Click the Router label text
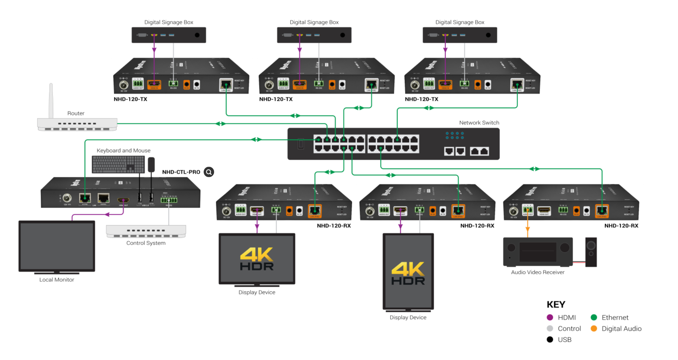click(x=76, y=113)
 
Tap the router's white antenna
click(x=51, y=101)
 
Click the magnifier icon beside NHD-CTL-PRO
click(x=209, y=172)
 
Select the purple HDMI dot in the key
click(x=550, y=317)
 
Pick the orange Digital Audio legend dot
click(x=594, y=328)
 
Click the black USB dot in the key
click(x=550, y=339)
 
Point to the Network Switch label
click(x=479, y=123)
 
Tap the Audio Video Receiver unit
click(x=538, y=252)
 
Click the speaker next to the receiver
click(x=591, y=252)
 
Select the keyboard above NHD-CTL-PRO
click(x=118, y=165)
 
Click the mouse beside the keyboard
click(x=151, y=164)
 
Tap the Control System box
click(x=146, y=231)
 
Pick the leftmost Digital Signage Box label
click(x=169, y=22)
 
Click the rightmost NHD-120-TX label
click(x=421, y=99)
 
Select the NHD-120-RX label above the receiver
click(x=621, y=226)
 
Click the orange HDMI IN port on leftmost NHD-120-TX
click(x=154, y=84)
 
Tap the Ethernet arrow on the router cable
click(x=221, y=124)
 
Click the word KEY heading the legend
click(x=556, y=304)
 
